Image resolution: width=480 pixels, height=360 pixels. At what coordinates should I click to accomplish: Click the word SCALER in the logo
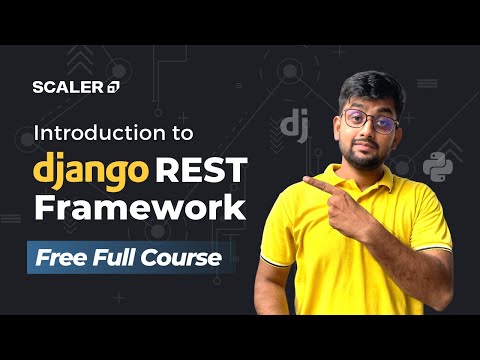point(67,86)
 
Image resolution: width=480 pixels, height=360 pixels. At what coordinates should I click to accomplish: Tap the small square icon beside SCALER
point(112,87)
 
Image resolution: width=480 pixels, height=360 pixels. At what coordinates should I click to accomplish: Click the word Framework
point(139,208)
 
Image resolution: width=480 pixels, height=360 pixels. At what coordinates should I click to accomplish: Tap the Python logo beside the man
point(436,167)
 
